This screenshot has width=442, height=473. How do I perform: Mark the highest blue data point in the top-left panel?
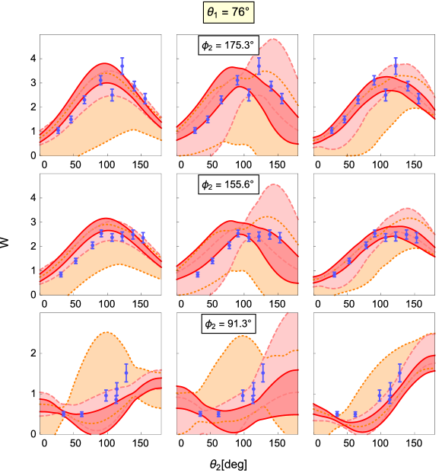(122, 66)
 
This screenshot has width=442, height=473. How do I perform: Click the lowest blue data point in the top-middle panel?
(195, 131)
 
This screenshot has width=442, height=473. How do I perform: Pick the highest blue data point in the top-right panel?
(396, 66)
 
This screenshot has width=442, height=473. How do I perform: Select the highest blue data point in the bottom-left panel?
(126, 374)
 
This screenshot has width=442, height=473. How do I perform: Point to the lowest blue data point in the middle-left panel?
(61, 274)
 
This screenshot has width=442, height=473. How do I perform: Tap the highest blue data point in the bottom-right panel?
(400, 374)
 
